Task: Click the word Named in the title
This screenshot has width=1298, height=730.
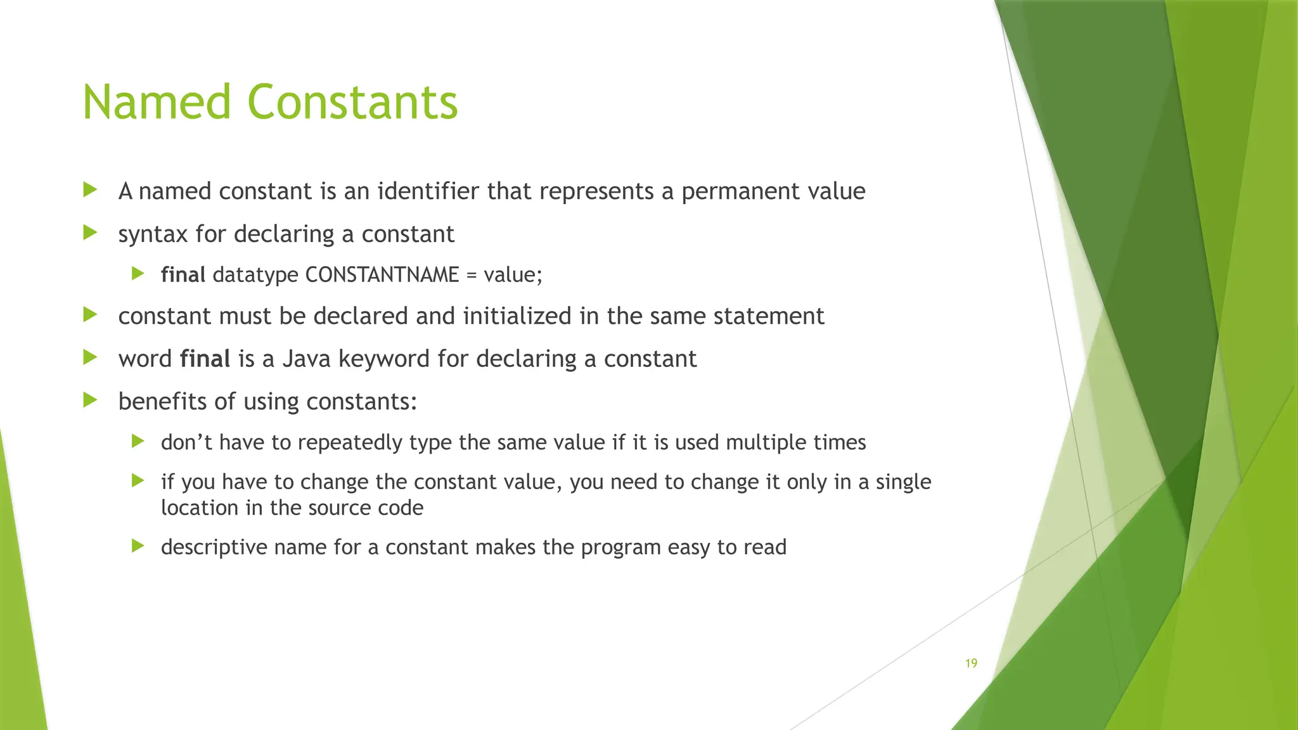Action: pos(157,103)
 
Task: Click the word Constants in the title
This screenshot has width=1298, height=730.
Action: pos(352,103)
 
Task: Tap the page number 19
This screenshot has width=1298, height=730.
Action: pos(971,663)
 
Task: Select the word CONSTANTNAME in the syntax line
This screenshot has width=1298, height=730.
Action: pos(382,275)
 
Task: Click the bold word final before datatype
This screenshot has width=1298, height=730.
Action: pos(183,275)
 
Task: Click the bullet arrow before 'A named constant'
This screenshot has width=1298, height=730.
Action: pos(90,189)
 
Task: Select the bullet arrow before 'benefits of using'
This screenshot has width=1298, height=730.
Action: pos(90,400)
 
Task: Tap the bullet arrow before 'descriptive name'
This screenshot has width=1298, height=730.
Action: pos(138,546)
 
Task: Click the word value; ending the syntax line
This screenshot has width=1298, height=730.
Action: pos(513,275)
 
